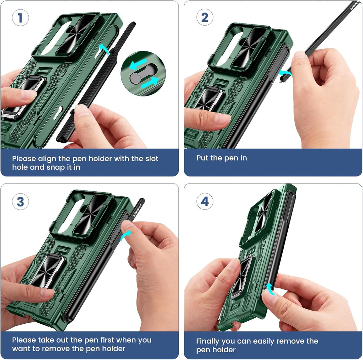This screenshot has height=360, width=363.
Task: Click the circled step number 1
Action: pyautogui.click(x=21, y=17)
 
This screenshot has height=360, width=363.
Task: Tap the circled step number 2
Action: pyautogui.click(x=205, y=17)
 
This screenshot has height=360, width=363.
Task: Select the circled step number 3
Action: pyautogui.click(x=21, y=201)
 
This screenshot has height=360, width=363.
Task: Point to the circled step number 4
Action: pyautogui.click(x=205, y=201)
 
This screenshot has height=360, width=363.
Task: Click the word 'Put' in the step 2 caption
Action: pyautogui.click(x=202, y=158)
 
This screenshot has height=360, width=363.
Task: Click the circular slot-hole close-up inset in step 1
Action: pyautogui.click(x=143, y=74)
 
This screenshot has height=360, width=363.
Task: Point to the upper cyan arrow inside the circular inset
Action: pyautogui.click(x=138, y=64)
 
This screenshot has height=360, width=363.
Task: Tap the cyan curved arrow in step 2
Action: pyautogui.click(x=285, y=73)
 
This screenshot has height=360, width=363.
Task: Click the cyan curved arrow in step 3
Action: pyautogui.click(x=126, y=236)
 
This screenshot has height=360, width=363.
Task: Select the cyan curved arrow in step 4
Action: pyautogui.click(x=270, y=289)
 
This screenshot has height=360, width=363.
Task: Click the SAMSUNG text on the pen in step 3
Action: pyautogui.click(x=137, y=210)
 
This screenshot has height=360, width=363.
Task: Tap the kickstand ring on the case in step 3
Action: pyautogui.click(x=47, y=271)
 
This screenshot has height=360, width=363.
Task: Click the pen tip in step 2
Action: pyautogui.click(x=281, y=81)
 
